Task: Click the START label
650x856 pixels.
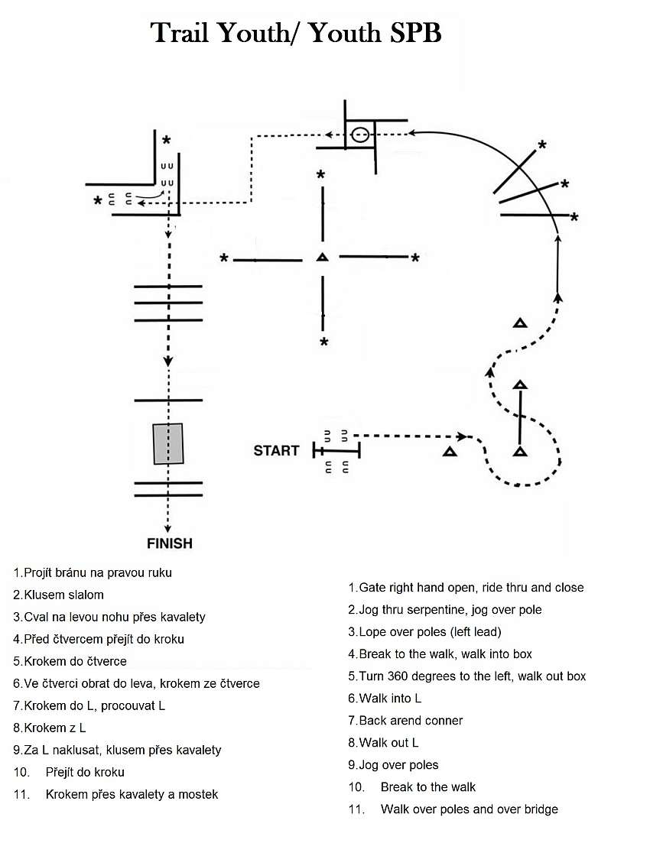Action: [276, 451]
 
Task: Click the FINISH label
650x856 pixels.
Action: [169, 543]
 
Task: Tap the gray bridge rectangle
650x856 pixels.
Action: [168, 444]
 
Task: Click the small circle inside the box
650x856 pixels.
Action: [359, 135]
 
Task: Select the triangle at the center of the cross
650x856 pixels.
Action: [322, 257]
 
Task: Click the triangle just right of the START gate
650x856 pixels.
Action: [450, 452]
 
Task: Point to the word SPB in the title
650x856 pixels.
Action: [414, 33]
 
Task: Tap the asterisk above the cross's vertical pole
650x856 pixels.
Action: [320, 175]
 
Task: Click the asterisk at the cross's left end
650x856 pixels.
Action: [224, 258]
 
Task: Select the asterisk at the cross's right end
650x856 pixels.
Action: [415, 258]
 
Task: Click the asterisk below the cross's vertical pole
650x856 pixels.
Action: [324, 342]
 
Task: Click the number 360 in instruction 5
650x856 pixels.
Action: [398, 676]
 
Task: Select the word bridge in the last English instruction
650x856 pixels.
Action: [541, 809]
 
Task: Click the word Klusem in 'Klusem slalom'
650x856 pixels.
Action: [45, 595]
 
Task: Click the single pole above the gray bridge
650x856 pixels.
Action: [168, 400]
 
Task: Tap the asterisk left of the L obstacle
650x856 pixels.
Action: [98, 201]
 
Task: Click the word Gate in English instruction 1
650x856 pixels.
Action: [372, 588]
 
